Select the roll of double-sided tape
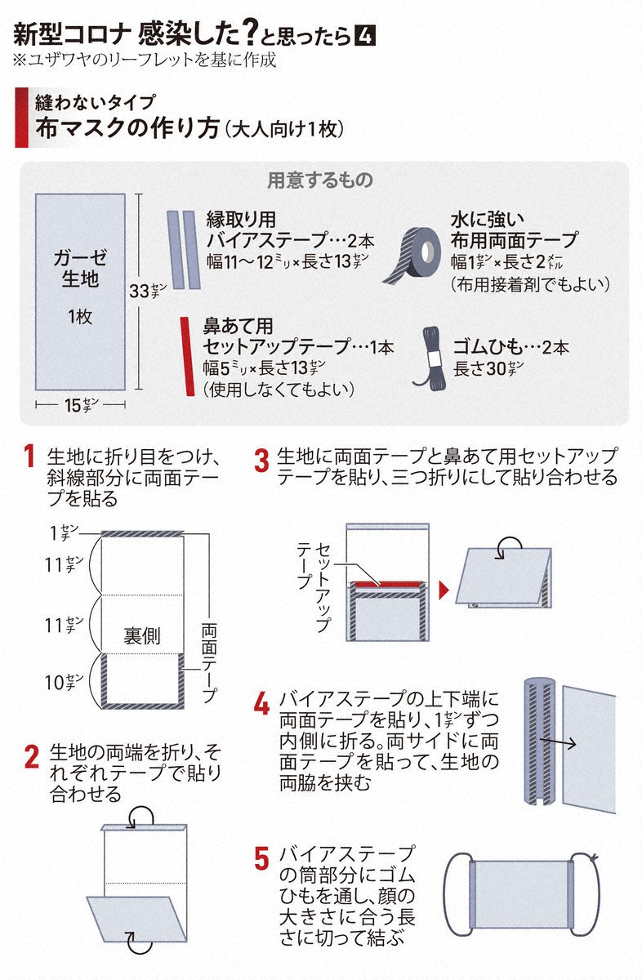[411, 256]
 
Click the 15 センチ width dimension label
[82, 405]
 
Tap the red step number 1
[29, 456]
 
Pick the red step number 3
[261, 461]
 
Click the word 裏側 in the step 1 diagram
[141, 635]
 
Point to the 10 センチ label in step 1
[64, 682]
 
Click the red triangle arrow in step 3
[444, 590]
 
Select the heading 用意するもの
[320, 180]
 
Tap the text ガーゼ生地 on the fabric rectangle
[80, 268]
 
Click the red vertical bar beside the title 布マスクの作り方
[21, 118]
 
